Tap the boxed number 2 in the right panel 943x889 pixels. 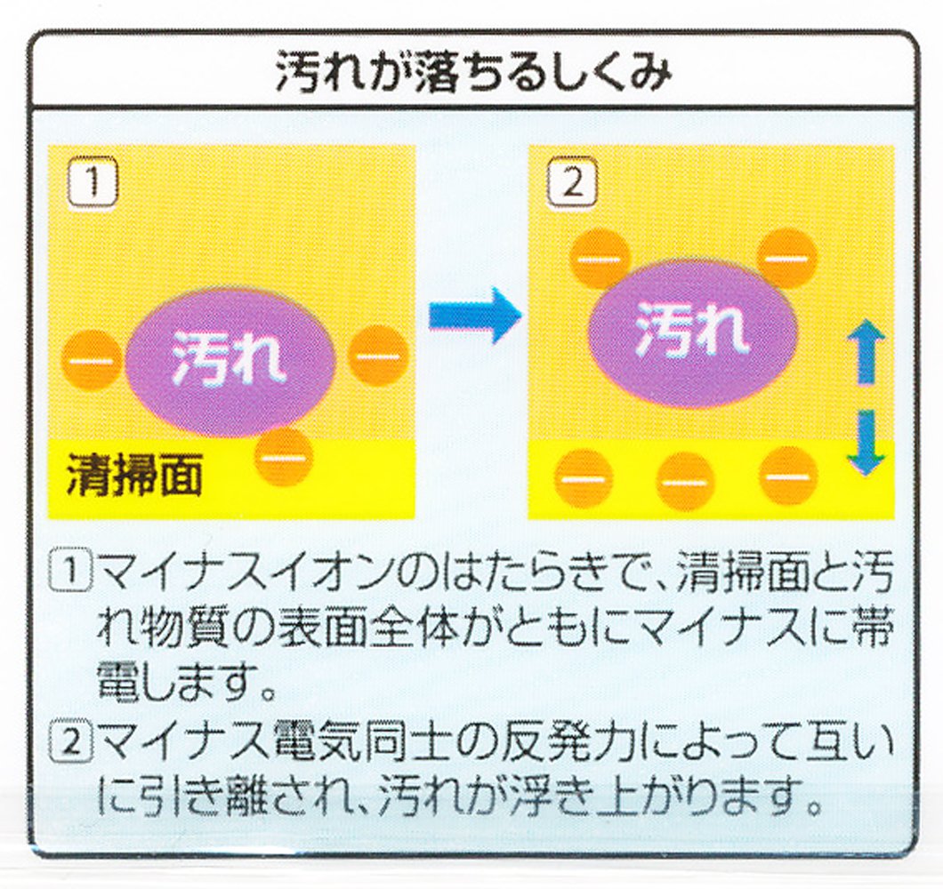tap(571, 186)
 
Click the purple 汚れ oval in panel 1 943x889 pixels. tap(230, 359)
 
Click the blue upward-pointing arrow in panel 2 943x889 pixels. tap(865, 352)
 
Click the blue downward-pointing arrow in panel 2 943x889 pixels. tap(865, 443)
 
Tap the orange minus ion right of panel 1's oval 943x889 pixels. tap(378, 356)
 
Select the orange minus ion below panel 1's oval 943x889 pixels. tap(284, 456)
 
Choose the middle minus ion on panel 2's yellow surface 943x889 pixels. tap(685, 481)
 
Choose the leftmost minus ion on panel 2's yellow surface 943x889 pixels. tap(584, 478)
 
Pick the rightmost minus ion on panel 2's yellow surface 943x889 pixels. tap(787, 475)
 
